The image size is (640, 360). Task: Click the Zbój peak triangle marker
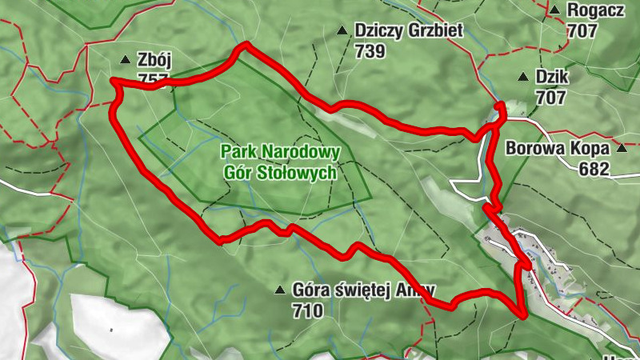(x=125, y=60)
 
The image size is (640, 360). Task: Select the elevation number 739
(x=371, y=51)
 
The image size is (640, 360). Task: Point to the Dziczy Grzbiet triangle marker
(x=342, y=31)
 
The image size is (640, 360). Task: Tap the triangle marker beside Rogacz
(x=554, y=10)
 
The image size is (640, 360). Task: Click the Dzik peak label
(x=551, y=78)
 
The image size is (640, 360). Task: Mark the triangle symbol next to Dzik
(x=522, y=78)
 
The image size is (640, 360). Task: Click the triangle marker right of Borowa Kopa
(x=622, y=149)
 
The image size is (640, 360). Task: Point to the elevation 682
(x=595, y=169)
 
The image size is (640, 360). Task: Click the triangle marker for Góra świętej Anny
(x=279, y=290)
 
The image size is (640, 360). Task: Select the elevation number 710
(x=308, y=310)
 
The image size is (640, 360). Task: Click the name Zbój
(x=155, y=60)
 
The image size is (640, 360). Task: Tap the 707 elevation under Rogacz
(x=583, y=31)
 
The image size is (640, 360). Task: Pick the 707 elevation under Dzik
(x=551, y=98)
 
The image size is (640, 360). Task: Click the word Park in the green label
(x=237, y=152)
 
